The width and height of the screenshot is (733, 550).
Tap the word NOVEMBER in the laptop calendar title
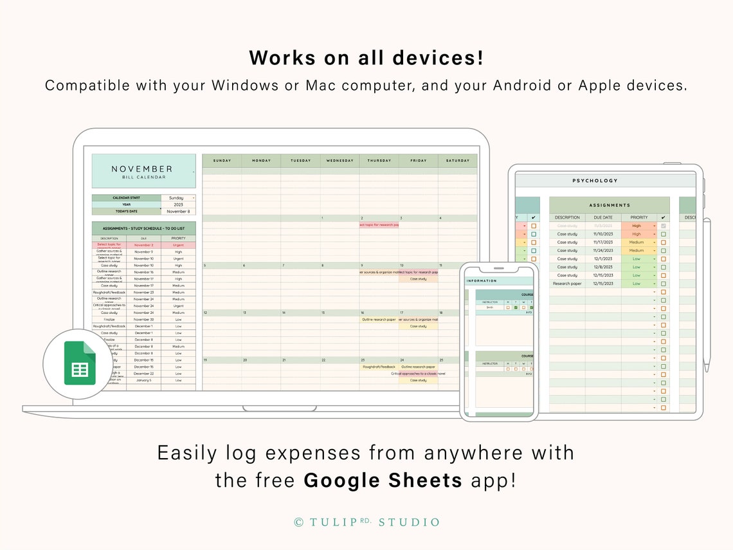pos(142,169)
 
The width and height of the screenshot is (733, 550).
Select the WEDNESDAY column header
pos(339,160)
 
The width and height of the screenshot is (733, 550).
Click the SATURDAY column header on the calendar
pos(458,160)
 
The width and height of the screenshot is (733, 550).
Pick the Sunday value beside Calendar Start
pos(177,198)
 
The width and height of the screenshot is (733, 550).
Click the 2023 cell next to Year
pos(178,205)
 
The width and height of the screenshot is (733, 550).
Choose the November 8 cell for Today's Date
pos(178,212)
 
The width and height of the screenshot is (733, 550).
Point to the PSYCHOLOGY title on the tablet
pos(595,181)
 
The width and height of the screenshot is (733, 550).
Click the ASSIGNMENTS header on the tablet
pos(609,205)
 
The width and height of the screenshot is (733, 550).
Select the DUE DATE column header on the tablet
pos(603,217)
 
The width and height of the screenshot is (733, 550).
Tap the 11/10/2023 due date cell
pos(603,234)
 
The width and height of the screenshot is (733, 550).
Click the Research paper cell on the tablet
pos(567,284)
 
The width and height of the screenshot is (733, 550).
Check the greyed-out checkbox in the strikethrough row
pos(664,226)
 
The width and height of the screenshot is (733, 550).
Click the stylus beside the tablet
pos(707,296)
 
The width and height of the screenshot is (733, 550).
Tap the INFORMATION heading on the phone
pos(482,281)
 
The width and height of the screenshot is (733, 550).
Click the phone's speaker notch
pos(498,268)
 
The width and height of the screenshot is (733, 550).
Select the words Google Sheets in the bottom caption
pos(383,480)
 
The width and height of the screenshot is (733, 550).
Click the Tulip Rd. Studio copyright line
pos(366,522)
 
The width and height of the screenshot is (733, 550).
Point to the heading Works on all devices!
pos(366,58)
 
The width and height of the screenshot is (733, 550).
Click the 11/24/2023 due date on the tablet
pos(603,251)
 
